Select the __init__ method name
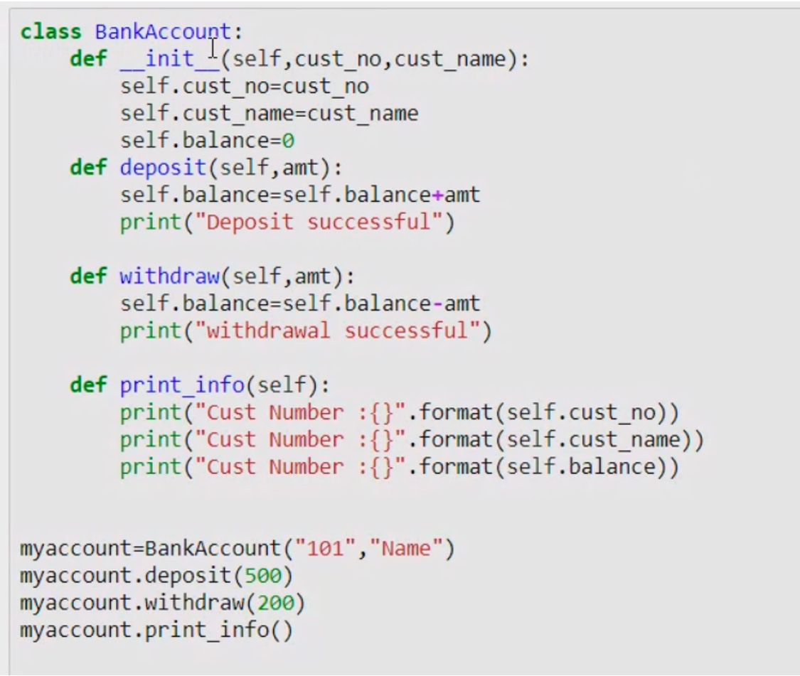tap(170, 59)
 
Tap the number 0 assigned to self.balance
tap(288, 140)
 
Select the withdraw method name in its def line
tap(169, 276)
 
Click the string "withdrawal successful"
tap(337, 331)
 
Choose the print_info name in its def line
tap(182, 385)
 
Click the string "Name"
tap(406, 549)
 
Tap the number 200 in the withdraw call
tap(275, 603)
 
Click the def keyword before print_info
tap(88, 385)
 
